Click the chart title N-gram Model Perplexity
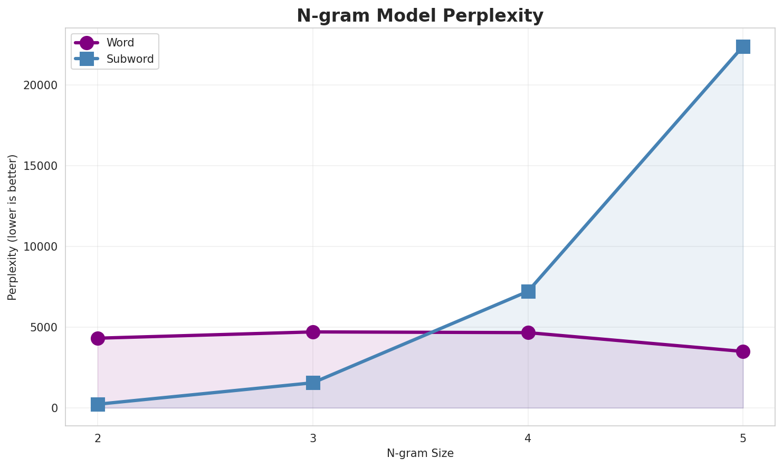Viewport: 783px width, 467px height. tap(419, 16)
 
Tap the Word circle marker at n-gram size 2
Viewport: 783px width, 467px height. tap(98, 338)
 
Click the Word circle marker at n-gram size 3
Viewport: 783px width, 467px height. tap(313, 332)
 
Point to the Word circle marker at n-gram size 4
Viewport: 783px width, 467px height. tap(528, 332)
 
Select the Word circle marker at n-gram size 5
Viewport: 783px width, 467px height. tap(743, 351)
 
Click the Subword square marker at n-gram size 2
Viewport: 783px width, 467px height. tap(98, 405)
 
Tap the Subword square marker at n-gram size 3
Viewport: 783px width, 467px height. tap(313, 383)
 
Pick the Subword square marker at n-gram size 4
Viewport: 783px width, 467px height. tap(528, 291)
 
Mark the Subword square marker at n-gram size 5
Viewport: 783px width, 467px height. tap(743, 46)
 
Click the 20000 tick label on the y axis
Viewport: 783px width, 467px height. tap(40, 85)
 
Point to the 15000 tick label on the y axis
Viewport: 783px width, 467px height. tap(40, 166)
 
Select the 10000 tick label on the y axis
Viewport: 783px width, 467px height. tap(40, 247)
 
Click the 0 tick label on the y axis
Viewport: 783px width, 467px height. tap(54, 408)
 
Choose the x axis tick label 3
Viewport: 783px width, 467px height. tap(313, 438)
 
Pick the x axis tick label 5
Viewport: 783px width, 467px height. tap(743, 438)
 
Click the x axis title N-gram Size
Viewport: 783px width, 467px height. tap(420, 453)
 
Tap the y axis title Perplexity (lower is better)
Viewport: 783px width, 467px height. tap(13, 227)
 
